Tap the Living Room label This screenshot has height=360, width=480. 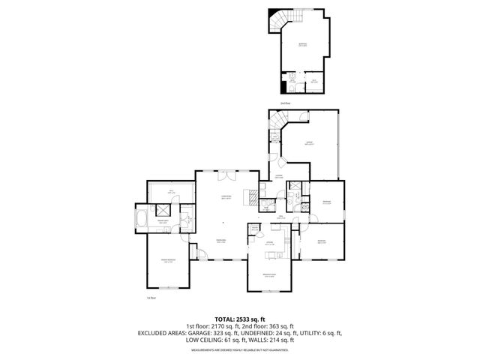tap(225, 198)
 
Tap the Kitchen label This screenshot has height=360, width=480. tap(269, 243)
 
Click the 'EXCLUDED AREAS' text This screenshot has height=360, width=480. tap(158, 332)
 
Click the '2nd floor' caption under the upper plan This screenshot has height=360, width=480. tap(284, 103)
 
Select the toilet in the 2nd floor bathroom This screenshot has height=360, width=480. tap(290, 78)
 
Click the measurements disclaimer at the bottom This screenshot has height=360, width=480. tap(240, 349)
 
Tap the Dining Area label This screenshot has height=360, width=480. tap(220, 241)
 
